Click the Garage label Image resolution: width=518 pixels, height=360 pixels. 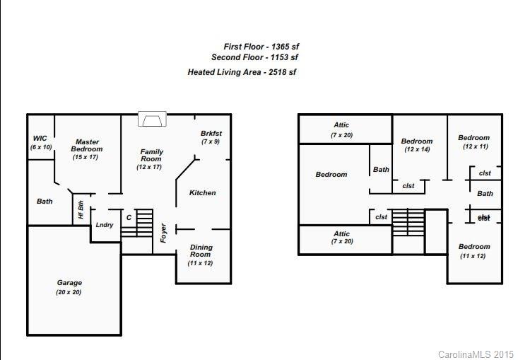69,283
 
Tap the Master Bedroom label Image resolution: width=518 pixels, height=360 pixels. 87,146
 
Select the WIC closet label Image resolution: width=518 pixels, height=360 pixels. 40,138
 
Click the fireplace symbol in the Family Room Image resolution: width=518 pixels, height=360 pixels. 151,120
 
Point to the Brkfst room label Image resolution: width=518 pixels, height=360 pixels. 211,133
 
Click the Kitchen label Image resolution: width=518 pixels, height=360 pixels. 202,193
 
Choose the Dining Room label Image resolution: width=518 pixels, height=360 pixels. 201,251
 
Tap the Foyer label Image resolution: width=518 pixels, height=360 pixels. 163,233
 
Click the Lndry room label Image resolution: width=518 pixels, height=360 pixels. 105,225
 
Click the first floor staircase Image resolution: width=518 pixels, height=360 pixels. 143,222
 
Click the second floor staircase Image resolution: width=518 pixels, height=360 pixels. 408,222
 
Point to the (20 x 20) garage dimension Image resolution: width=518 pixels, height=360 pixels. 69,292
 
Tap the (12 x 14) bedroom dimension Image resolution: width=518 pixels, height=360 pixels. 416,150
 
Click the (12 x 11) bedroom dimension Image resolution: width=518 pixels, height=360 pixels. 473,146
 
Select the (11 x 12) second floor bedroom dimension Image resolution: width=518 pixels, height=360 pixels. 473,256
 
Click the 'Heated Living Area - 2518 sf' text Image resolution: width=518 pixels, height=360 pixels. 242,72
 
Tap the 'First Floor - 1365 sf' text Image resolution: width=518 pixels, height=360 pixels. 261,47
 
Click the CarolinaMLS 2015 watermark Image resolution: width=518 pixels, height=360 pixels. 476,354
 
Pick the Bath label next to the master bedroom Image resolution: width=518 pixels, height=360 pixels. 45,202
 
